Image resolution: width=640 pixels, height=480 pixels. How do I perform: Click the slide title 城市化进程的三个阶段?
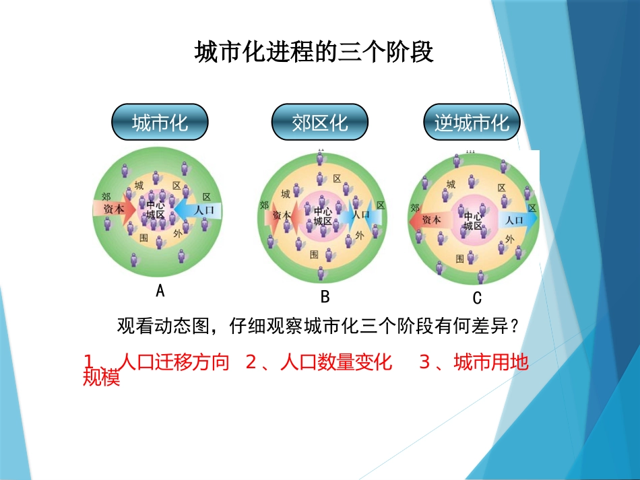pos(314,52)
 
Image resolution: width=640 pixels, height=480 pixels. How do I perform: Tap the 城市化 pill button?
pos(160,123)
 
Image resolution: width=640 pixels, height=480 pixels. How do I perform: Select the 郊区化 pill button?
pos(319,123)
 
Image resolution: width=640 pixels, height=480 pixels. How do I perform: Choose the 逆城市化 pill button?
pos(472,123)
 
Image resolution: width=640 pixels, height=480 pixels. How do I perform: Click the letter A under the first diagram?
pos(160,291)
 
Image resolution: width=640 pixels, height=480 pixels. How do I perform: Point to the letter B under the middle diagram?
pos(325,297)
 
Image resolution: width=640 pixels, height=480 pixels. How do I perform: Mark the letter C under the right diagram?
pos(477,298)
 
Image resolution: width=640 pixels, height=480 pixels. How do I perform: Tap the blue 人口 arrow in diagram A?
pos(201,210)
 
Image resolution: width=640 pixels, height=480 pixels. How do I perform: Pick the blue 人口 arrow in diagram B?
pos(364,215)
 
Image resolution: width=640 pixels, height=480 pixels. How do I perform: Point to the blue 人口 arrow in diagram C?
pos(517,220)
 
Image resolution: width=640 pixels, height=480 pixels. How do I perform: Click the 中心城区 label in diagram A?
pos(156,210)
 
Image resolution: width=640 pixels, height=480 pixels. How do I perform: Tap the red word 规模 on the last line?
pos(101,378)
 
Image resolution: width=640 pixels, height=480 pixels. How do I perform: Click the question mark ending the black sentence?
pos(514,327)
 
